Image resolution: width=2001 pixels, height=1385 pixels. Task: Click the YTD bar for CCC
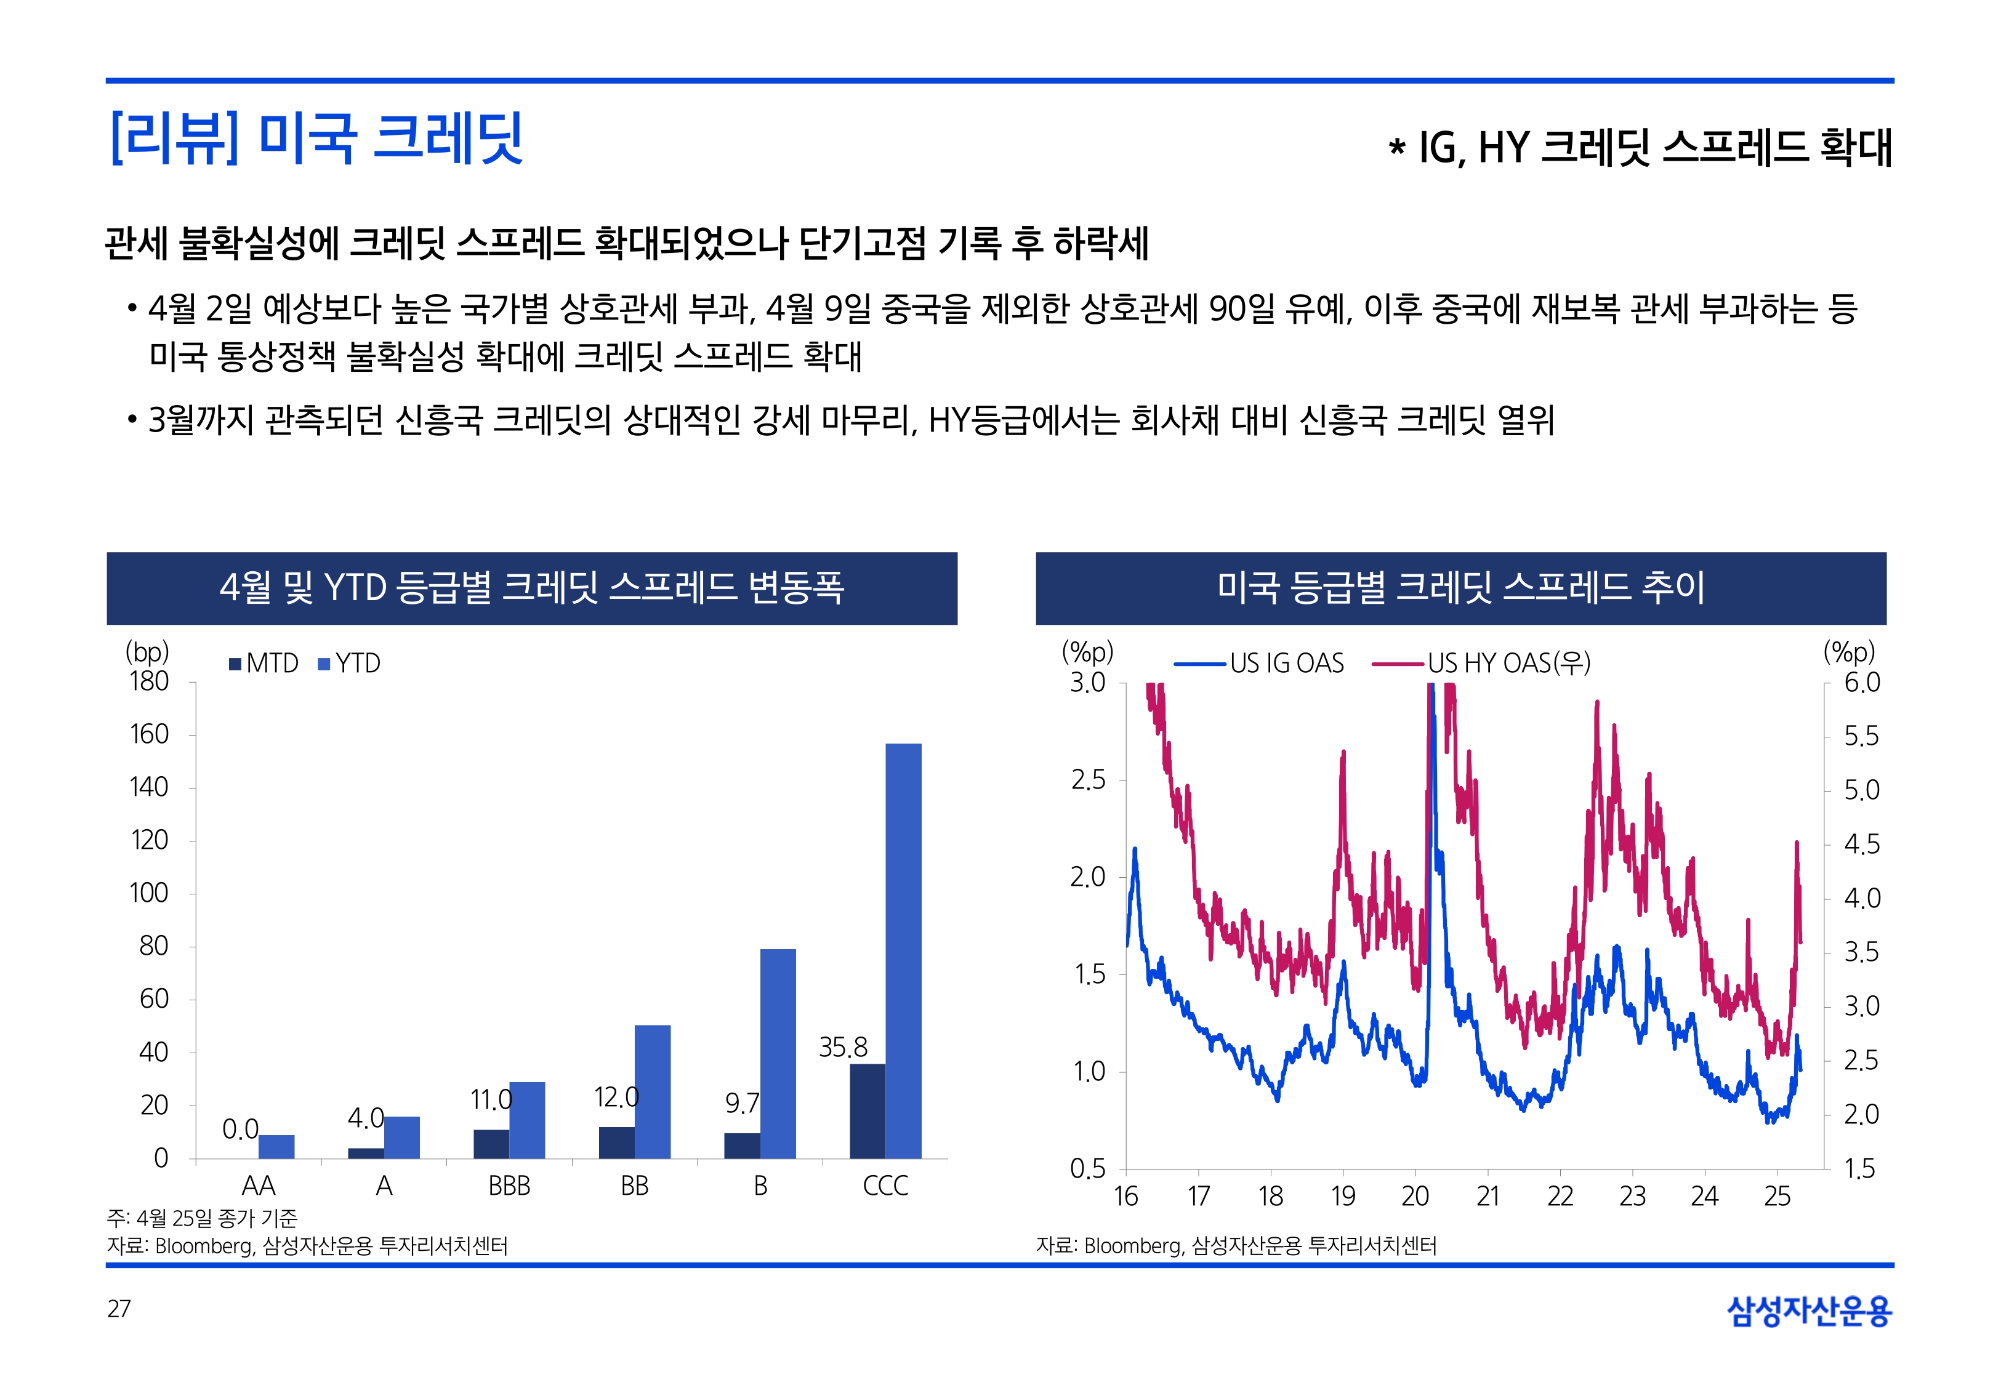click(x=903, y=950)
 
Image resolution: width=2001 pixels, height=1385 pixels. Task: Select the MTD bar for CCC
click(x=867, y=1111)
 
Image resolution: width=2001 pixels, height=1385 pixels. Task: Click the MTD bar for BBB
click(x=491, y=1144)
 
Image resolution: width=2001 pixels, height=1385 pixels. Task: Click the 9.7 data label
click(x=742, y=1103)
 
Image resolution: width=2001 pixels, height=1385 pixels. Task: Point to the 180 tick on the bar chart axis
click(x=149, y=682)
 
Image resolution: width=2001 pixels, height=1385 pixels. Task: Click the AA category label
click(x=258, y=1186)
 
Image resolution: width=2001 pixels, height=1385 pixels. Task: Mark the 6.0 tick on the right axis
click(x=1861, y=683)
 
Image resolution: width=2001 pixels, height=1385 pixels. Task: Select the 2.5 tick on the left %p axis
click(x=1087, y=780)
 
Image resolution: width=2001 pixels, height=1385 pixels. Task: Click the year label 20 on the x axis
click(x=1414, y=1197)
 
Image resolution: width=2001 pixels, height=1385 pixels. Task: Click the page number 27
click(x=119, y=1309)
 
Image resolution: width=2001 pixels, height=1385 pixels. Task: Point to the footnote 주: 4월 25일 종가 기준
click(x=202, y=1218)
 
